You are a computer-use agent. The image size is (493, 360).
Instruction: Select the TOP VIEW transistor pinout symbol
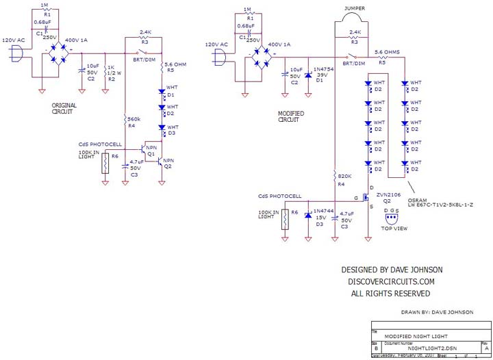[x=390, y=219]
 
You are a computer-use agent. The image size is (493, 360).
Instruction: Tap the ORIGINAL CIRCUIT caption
[x=64, y=110]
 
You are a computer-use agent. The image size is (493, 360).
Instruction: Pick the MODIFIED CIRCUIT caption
[x=292, y=117]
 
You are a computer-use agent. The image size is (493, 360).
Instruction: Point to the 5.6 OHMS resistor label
[x=388, y=52]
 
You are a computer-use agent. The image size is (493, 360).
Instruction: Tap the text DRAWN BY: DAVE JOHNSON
[x=437, y=312]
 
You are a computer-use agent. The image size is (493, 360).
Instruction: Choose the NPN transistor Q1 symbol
[x=144, y=147]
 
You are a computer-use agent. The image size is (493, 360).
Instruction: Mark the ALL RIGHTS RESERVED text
[x=390, y=293]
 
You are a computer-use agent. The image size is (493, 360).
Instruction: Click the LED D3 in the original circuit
[x=163, y=127]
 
